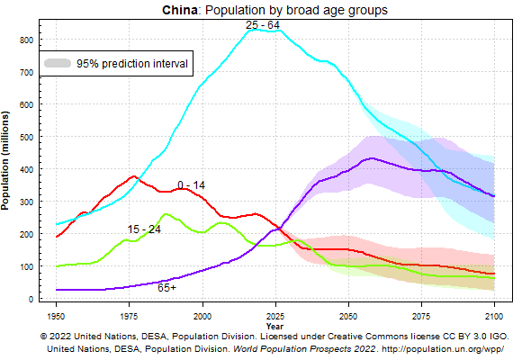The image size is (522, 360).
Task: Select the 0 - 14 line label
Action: click(191, 185)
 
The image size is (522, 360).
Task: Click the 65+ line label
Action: click(166, 288)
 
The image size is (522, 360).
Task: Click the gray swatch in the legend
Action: click(58, 64)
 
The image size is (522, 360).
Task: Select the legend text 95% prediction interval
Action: click(131, 64)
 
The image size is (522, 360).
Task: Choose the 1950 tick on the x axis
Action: click(57, 317)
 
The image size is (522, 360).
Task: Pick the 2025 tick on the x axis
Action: click(274, 317)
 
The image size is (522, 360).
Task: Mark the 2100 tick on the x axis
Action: click(493, 317)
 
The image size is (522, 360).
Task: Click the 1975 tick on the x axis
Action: click(130, 317)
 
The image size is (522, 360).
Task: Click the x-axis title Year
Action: click(274, 326)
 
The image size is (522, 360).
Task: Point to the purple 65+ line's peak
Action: click(370, 158)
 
